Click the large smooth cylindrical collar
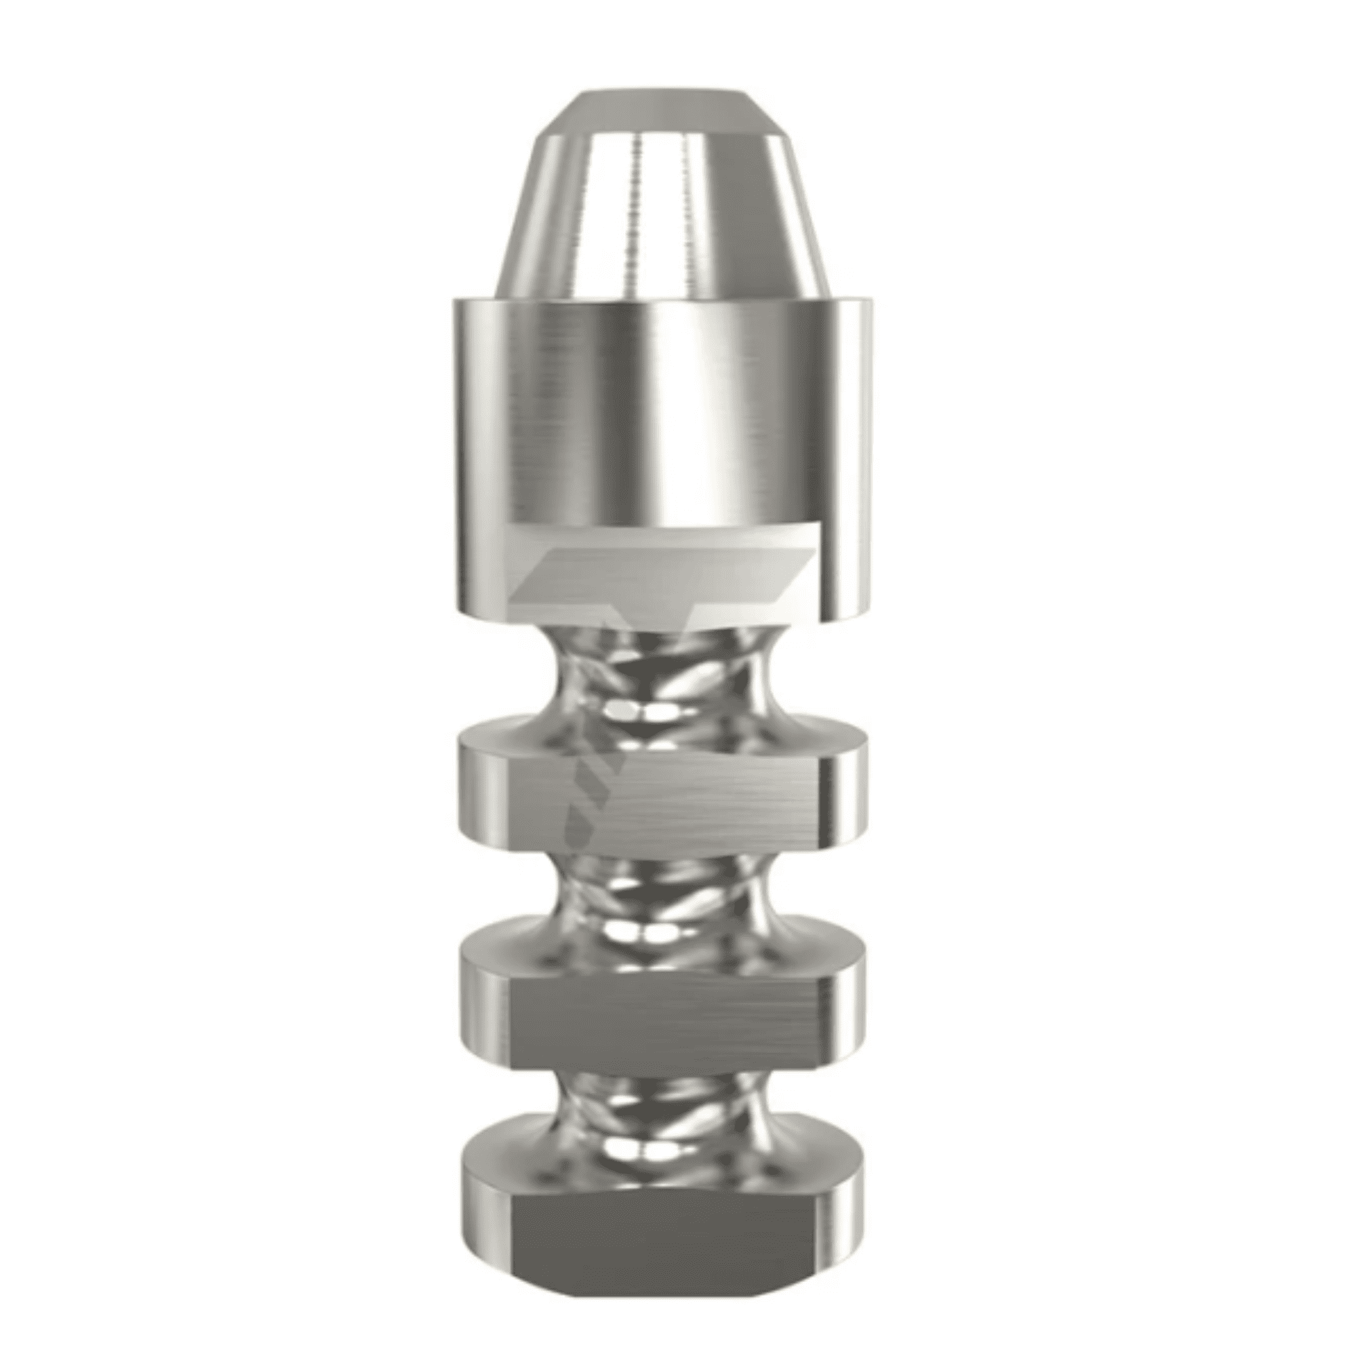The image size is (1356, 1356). [x=660, y=407]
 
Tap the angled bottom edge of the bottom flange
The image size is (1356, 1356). [x=660, y=1302]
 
